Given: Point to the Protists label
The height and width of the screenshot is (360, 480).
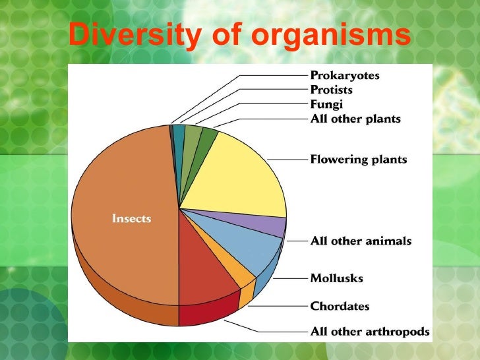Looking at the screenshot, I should pyautogui.click(x=331, y=90).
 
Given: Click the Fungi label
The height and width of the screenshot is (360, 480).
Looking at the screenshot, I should pyautogui.click(x=326, y=104).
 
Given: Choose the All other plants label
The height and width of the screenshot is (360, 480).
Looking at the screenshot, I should pyautogui.click(x=355, y=119).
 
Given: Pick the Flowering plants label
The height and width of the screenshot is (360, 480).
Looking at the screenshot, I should pyautogui.click(x=359, y=160).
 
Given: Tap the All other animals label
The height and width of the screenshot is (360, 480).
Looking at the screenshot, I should pyautogui.click(x=361, y=241).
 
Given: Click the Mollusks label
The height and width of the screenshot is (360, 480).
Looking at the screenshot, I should pyautogui.click(x=336, y=278).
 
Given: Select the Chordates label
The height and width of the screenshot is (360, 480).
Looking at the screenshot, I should pyautogui.click(x=340, y=307).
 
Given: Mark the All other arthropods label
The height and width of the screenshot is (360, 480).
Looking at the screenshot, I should pyautogui.click(x=370, y=332).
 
